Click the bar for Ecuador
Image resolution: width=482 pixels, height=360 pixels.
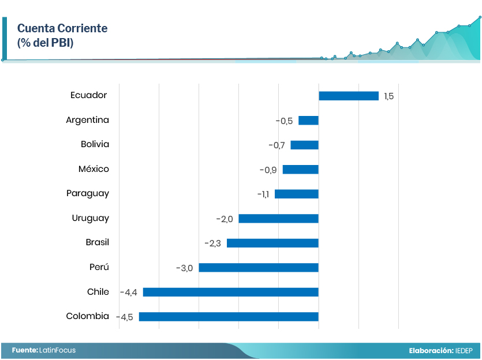click(348, 96)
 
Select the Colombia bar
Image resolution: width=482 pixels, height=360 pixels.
click(229, 317)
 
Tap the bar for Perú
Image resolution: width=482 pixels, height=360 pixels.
click(259, 268)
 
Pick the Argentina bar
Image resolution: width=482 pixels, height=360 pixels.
click(308, 121)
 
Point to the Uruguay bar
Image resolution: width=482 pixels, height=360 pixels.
click(278, 219)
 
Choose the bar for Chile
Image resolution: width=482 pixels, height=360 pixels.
click(230, 292)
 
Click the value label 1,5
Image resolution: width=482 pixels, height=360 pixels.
click(389, 96)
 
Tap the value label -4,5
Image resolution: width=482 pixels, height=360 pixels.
click(124, 317)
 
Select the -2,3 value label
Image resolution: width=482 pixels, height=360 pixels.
click(212, 243)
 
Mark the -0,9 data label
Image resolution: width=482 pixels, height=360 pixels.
click(268, 170)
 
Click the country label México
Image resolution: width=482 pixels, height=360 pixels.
click(94, 169)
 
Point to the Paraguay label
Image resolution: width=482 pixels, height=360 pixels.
click(87, 194)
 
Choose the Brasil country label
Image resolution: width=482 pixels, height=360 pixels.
click(97, 242)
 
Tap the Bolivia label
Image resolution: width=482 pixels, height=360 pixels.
click(95, 144)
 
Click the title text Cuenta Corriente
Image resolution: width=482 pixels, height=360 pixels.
click(62, 28)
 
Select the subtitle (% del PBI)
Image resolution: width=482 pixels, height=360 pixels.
click(45, 43)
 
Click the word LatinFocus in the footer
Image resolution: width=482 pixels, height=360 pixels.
click(58, 350)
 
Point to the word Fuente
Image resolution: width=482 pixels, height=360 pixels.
click(25, 350)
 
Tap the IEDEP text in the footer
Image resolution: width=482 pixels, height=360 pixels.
click(464, 351)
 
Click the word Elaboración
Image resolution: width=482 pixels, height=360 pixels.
click(431, 351)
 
